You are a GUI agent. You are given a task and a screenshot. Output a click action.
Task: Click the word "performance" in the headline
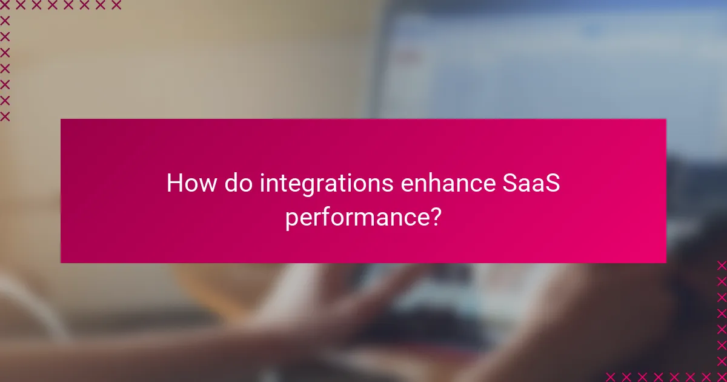coord(357,217)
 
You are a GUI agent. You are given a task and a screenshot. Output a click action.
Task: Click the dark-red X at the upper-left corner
coord(5,5)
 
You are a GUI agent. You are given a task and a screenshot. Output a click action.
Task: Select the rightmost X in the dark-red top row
coord(116,5)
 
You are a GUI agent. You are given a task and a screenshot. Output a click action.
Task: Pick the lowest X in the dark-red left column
coord(5,116)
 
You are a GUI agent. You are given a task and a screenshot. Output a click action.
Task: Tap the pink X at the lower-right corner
coord(722,377)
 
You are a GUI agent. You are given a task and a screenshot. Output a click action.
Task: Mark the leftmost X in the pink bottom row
coord(611,377)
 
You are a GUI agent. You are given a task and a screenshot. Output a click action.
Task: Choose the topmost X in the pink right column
coord(722,266)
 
